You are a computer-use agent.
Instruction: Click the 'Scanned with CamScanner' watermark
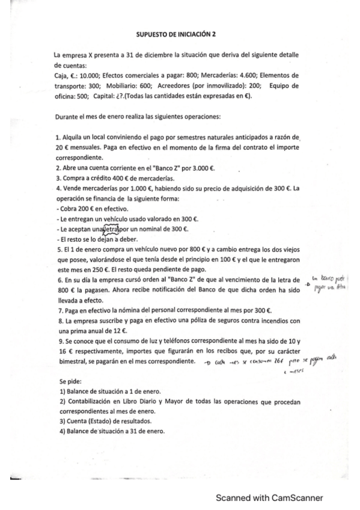pyautogui.click(x=270, y=497)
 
